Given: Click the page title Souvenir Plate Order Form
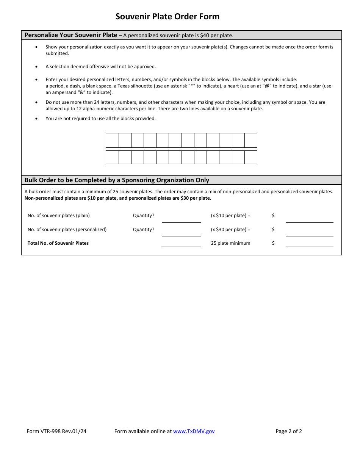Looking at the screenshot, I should [x=167, y=17].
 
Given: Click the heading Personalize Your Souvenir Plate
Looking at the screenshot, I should [x=71, y=35].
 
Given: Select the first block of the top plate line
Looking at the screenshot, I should [x=112, y=140].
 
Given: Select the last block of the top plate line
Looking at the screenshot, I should [x=250, y=140].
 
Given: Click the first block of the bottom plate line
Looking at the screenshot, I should [x=112, y=157].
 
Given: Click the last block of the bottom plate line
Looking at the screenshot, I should [x=250, y=157].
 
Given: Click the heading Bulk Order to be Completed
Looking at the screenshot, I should [x=117, y=180].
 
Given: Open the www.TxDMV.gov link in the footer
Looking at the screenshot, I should [x=194, y=431].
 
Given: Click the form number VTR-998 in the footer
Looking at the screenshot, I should [x=56, y=431].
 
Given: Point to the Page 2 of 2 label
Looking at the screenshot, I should [x=288, y=431].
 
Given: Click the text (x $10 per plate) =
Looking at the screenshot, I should [x=230, y=216].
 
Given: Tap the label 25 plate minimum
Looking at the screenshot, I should [x=230, y=243].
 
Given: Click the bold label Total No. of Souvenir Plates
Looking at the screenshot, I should [x=58, y=243].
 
